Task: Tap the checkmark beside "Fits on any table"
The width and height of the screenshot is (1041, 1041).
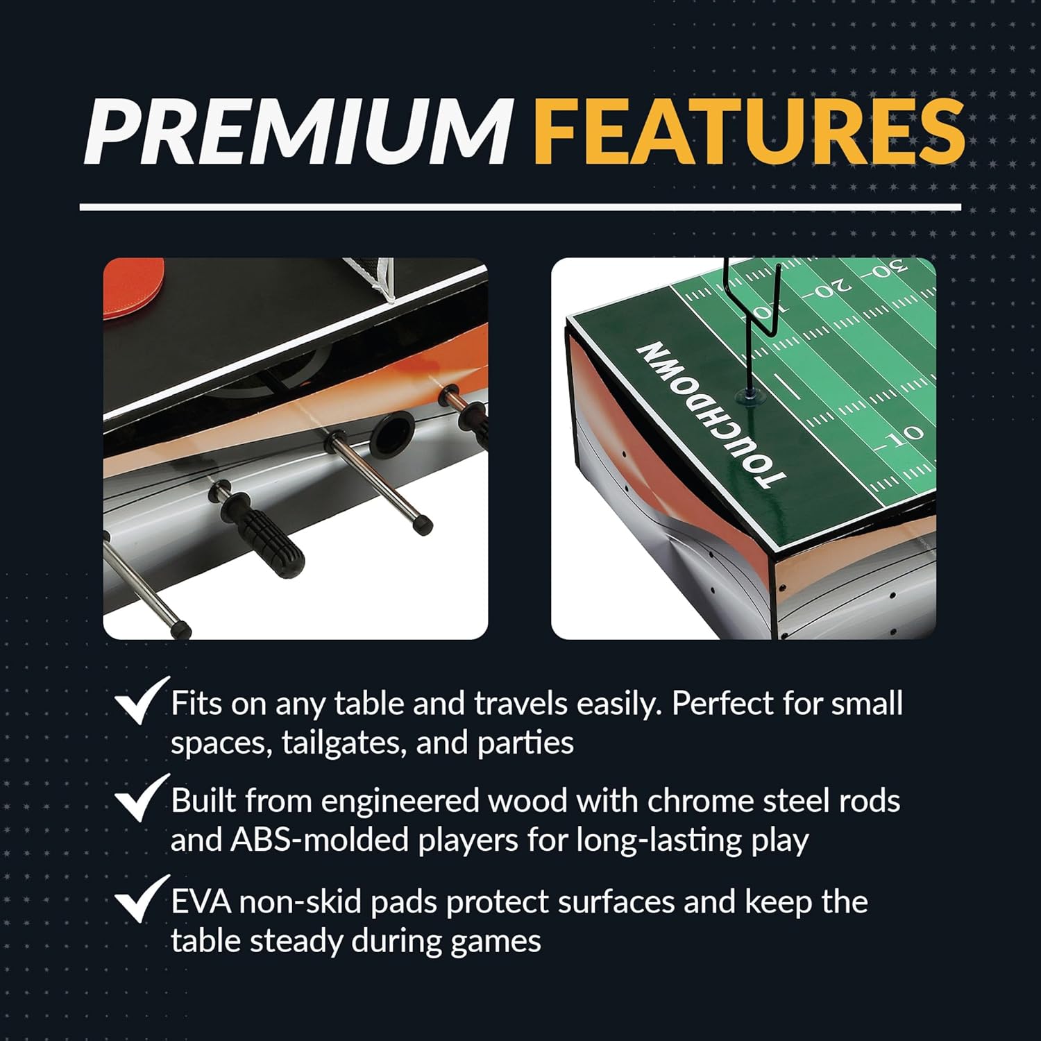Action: pyautogui.click(x=142, y=702)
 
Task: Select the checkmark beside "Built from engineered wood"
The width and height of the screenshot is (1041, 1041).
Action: pyautogui.click(x=142, y=800)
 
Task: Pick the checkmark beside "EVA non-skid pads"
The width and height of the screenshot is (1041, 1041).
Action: pyautogui.click(x=142, y=899)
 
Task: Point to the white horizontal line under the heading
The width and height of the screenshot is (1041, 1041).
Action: pyautogui.click(x=520, y=206)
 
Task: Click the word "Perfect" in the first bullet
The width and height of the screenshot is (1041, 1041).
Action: pyautogui.click(x=722, y=704)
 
